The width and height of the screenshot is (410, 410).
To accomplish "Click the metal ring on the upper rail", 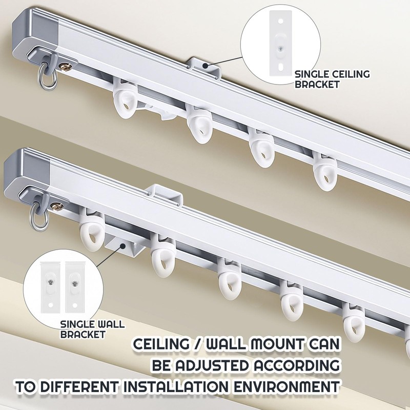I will pyautogui.click(x=44, y=78).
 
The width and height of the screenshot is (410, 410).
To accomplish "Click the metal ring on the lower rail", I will pyautogui.click(x=37, y=213).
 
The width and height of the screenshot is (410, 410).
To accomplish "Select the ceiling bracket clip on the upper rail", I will pyautogui.click(x=204, y=67).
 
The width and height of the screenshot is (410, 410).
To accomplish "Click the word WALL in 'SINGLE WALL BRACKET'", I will pyautogui.click(x=110, y=324).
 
